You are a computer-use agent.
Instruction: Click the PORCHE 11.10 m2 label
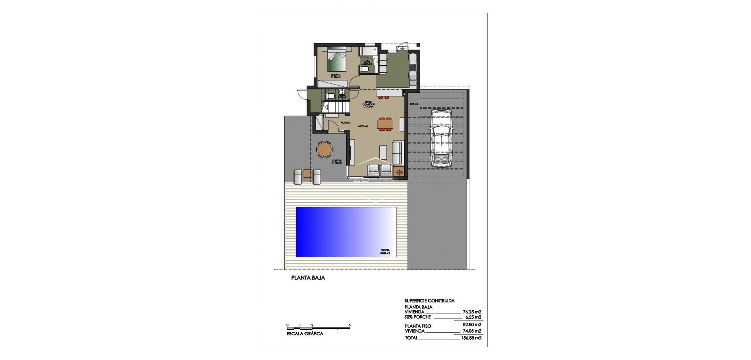pos(337,162)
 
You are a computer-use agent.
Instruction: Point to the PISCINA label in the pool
pos(385,252)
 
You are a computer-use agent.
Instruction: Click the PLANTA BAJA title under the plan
pos(308,278)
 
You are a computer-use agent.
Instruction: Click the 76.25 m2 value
pos(472,312)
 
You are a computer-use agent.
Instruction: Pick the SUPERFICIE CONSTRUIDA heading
pos(429,301)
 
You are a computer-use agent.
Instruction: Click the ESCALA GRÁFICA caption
pos(305,334)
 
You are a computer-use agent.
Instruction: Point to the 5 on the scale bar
pos(349,325)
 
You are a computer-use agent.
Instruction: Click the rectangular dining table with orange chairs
pos(385,124)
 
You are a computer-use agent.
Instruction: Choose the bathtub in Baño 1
pos(369,52)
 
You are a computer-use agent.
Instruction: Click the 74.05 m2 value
pos(472,331)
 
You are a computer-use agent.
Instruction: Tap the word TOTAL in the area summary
pos(411,338)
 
